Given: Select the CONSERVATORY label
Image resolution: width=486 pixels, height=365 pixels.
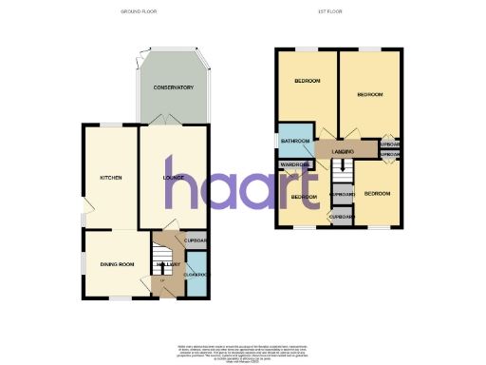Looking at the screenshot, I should coord(174,87).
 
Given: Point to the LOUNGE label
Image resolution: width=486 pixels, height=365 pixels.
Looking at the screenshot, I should coord(173,178).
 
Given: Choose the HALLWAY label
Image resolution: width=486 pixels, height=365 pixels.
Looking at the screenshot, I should coord(168,264).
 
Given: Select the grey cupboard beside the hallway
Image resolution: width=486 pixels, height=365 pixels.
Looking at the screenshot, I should coord(194,240).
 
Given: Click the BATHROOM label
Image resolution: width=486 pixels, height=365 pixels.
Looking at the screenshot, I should coord(294,142).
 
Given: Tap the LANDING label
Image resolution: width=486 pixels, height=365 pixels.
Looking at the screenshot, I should coord(343,152).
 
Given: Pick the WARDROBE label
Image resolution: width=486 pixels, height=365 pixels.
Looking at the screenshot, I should coord(295,164).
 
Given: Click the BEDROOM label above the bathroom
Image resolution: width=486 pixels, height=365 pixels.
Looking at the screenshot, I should coord(306,82).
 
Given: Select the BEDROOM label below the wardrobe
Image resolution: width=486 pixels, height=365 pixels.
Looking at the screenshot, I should coord(304,197).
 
